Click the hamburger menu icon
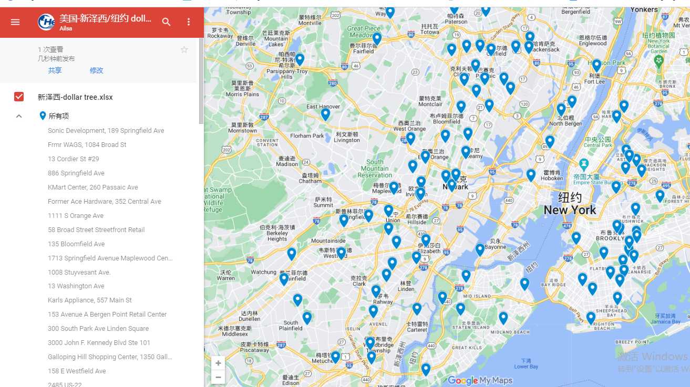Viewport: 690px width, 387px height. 15,22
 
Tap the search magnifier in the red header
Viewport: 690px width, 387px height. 166,22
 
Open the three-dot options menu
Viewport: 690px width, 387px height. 189,22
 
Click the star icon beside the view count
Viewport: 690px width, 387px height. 184,50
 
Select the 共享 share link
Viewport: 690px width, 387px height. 55,70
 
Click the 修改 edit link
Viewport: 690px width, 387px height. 96,70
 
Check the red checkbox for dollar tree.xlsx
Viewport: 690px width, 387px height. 19,97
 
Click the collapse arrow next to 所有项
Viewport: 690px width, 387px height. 19,116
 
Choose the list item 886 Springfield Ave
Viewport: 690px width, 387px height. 76,173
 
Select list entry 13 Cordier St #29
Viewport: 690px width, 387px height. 74,159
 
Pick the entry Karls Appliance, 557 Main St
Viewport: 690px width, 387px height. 90,300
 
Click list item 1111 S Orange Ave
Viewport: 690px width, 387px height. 76,215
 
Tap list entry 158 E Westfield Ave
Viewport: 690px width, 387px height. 77,371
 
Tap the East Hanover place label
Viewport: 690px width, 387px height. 323,107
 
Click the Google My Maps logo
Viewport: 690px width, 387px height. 480,381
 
